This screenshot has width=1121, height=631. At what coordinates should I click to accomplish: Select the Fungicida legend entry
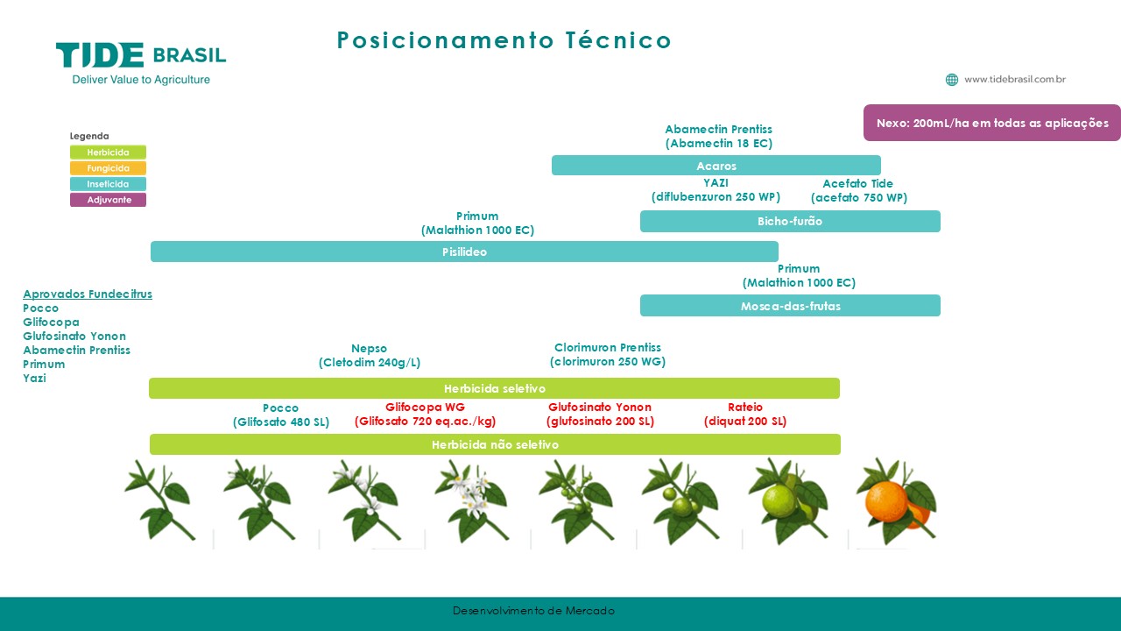coord(108,167)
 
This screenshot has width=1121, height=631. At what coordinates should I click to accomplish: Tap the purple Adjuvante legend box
coord(108,200)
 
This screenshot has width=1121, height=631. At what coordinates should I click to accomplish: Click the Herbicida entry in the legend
coord(108,152)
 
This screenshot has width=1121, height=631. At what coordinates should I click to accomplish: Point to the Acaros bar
coord(716,166)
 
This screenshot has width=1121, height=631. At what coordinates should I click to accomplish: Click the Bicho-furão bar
coord(790,221)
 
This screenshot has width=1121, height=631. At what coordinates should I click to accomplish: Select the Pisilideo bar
coord(464,252)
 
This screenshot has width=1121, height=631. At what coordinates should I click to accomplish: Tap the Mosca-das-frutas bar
coord(790,306)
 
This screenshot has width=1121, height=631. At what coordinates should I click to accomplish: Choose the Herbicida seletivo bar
coord(495,388)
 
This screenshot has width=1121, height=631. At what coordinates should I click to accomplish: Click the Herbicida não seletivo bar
coord(495,444)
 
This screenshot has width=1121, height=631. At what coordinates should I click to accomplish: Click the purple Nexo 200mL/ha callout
coord(992,123)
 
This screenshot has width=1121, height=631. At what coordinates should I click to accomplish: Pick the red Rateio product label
coord(745,415)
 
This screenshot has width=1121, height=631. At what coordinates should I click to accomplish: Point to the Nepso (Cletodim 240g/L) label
coord(370,355)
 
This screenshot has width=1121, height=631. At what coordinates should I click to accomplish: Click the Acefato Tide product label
coord(859,190)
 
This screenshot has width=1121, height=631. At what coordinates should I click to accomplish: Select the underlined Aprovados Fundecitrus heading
coord(88,294)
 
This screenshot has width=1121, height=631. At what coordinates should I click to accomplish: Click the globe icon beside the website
coord(952,80)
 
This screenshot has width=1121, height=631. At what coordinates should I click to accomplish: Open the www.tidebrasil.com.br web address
coord(1015,79)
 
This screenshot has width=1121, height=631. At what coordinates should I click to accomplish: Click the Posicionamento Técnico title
coord(504,40)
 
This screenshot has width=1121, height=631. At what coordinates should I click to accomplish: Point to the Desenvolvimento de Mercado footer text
coord(533,611)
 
